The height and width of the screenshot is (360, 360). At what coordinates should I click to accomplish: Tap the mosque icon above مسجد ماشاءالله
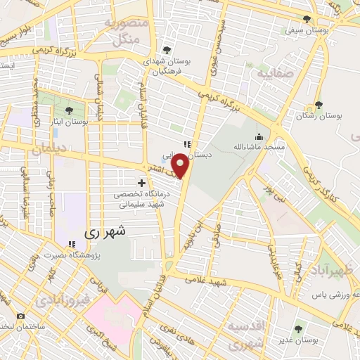pyautogui.click(x=259, y=136)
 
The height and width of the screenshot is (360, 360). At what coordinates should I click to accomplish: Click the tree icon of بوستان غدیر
pyautogui.click(x=298, y=328)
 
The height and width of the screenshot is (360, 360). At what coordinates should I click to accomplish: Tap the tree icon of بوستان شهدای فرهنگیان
pyautogui.click(x=167, y=49)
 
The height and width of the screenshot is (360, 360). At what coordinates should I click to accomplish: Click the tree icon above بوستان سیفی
pyautogui.click(x=307, y=19)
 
